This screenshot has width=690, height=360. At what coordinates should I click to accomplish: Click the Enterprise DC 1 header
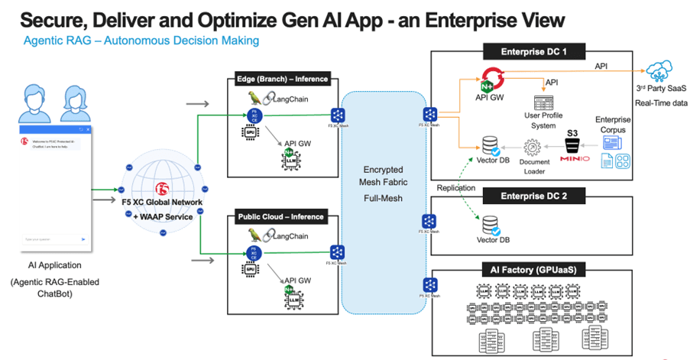point(533,52)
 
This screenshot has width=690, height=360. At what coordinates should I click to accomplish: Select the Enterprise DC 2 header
point(533,196)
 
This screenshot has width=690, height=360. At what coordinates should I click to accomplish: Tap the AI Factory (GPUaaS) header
point(533,270)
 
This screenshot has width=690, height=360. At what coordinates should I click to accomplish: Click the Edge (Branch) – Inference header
point(282,79)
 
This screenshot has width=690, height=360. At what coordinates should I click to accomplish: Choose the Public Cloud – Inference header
point(282,218)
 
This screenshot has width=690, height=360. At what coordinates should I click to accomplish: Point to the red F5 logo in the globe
point(161,189)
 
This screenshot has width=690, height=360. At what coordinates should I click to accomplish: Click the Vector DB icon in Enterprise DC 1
point(491,144)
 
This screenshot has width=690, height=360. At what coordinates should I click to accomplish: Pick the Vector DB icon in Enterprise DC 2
point(491,225)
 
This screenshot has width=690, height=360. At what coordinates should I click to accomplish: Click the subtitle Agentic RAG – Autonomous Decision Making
point(140,41)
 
